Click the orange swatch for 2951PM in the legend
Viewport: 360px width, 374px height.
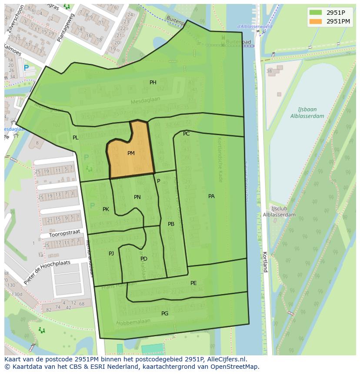[316, 21]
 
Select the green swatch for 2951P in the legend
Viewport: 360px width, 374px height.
[316, 13]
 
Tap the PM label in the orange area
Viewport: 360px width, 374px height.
[131, 153]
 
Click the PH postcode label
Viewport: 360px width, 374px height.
[153, 83]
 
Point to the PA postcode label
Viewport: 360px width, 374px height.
[211, 196]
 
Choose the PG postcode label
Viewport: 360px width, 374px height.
[165, 313]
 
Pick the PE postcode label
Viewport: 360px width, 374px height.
[193, 283]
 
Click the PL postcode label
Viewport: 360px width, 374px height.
[76, 138]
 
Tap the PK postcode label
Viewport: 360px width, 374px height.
[106, 209]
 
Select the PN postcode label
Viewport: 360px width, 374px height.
[137, 197]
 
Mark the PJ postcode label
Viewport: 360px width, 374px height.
[111, 253]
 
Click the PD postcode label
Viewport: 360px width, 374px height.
[144, 259]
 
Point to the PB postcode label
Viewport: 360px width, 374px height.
[171, 224]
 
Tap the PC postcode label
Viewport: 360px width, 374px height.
[186, 134]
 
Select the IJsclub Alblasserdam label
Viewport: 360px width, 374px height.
[279, 212]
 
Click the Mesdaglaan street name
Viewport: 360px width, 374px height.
[146, 101]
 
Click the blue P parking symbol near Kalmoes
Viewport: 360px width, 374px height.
[26, 68]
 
